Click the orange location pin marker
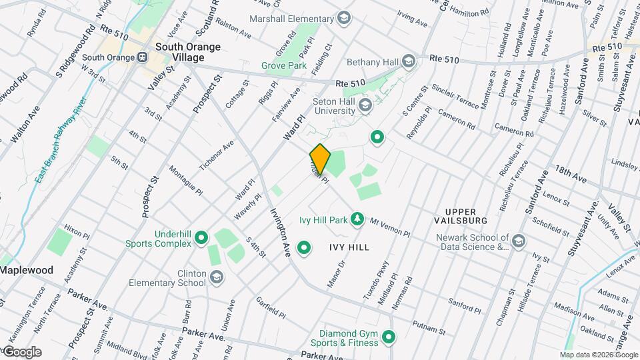pyautogui.click(x=320, y=159)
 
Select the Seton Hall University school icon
pyautogui.click(x=365, y=105)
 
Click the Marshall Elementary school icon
pyautogui.click(x=344, y=18)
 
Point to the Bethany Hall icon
pyautogui.click(x=408, y=63)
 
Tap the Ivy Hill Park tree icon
pyautogui.click(x=357, y=219)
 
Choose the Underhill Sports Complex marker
pyautogui.click(x=201, y=238)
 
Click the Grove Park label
pyautogui.click(x=284, y=66)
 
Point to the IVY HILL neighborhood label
pyautogui.click(x=349, y=247)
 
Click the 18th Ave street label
pyautogui.click(x=570, y=179)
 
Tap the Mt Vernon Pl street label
pyautogui.click(x=389, y=227)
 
